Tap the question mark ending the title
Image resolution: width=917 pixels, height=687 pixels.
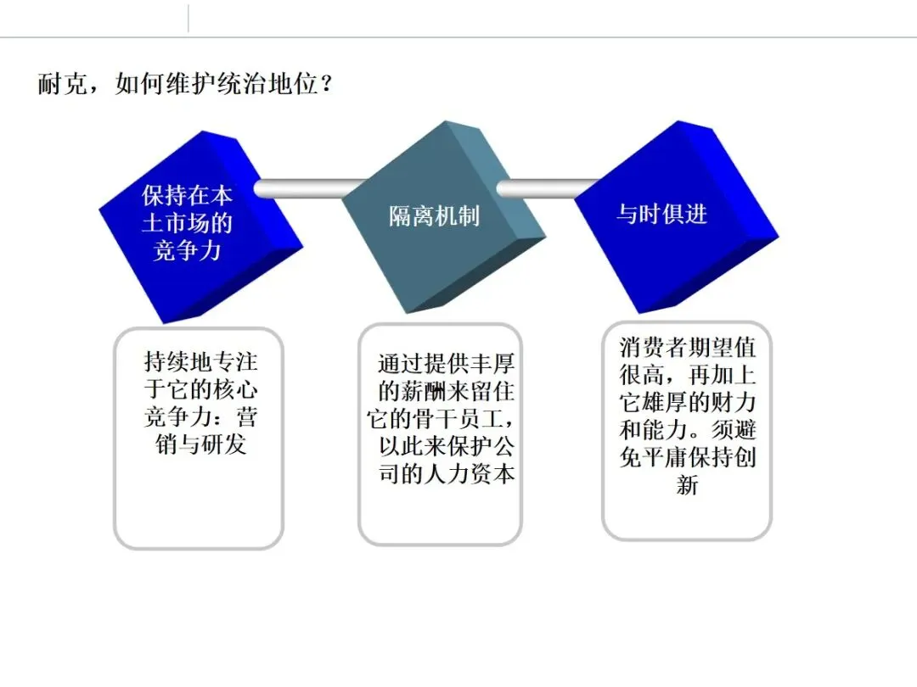coord(323,86)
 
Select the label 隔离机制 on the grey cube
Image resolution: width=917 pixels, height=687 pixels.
coord(434,216)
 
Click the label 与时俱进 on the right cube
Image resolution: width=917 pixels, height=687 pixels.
coord(661,214)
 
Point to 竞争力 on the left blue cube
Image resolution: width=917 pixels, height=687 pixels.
coord(187,250)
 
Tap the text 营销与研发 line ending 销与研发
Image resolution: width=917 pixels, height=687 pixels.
coord(200,444)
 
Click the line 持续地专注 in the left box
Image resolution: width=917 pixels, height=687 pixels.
coord(200,363)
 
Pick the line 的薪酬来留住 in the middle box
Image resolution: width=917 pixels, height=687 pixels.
coord(446,393)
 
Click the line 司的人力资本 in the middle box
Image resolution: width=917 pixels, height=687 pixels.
coord(446,473)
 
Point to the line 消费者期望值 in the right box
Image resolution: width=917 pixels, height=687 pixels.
coord(688,348)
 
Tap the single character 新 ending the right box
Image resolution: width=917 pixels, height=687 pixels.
coord(687,486)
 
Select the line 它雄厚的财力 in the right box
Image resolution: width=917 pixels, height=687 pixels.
coord(688,403)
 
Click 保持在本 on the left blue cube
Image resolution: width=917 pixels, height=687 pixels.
coord(187,196)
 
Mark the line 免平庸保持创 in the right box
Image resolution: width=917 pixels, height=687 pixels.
coord(688,458)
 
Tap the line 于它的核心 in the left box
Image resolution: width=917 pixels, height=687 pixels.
coord(200,390)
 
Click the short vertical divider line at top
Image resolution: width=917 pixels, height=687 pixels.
coord(188,18)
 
